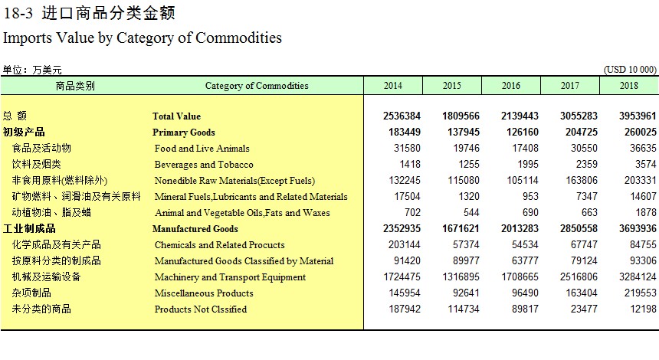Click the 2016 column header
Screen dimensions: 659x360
point(510,86)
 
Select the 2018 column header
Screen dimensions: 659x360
point(629,86)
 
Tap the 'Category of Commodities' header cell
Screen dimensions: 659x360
point(257,86)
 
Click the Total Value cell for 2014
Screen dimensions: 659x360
point(402,116)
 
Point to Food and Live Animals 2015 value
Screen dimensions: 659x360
point(466,149)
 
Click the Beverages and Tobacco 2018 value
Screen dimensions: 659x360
point(645,164)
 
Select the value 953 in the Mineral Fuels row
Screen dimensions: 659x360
point(530,197)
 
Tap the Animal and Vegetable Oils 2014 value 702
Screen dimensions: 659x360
point(412,213)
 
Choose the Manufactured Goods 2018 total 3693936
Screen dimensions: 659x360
point(638,228)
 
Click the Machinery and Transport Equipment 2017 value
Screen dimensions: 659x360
point(579,277)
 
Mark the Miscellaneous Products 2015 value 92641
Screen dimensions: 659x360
point(466,293)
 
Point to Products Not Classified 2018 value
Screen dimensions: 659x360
point(643,309)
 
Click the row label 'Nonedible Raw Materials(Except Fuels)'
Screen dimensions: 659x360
point(234,181)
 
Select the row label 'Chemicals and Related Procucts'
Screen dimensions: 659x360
point(219,245)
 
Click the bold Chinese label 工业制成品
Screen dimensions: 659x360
point(29,228)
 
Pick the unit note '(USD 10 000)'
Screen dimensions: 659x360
point(630,70)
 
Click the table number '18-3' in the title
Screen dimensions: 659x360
point(18,14)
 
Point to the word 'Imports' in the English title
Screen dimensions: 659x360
point(28,38)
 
